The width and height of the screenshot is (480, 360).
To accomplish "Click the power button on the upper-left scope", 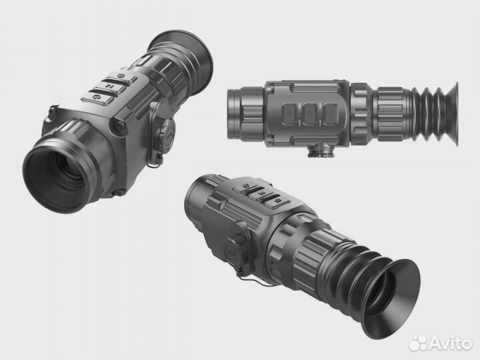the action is click(x=97, y=97).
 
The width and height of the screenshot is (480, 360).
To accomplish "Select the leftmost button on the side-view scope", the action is click(x=291, y=114).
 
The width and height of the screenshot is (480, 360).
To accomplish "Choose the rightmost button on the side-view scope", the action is click(x=330, y=114).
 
